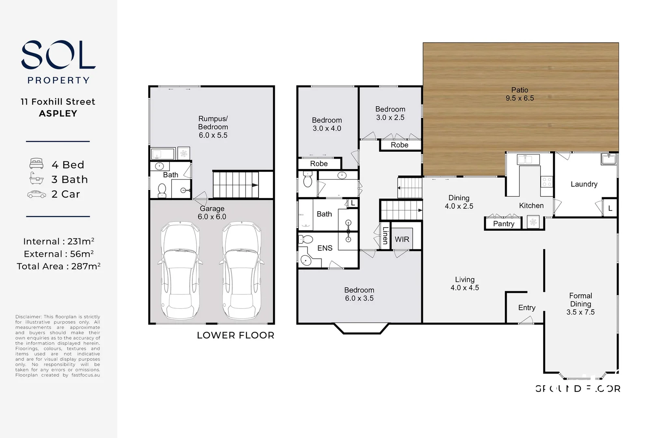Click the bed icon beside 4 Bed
37,164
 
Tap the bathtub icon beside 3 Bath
37,178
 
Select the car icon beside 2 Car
37,194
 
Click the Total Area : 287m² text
58,266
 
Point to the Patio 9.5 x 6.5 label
520,94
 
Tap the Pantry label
503,223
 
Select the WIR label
402,239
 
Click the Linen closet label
385,235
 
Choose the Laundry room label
584,184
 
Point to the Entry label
526,308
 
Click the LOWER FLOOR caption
235,335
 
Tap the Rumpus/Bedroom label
213,127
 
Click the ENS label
325,248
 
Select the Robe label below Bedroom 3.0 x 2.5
399,145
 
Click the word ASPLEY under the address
58,114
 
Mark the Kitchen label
531,206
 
